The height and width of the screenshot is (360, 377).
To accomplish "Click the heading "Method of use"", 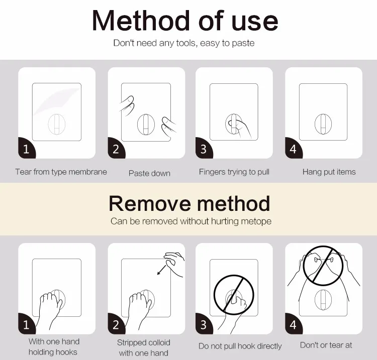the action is point(185,21).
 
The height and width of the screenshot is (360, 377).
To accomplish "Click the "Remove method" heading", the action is point(190,203).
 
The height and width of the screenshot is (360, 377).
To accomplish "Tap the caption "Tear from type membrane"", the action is point(61,172).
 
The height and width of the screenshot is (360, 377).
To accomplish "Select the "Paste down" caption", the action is point(149,173).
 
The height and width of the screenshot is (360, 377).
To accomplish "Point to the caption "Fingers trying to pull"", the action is point(234,172).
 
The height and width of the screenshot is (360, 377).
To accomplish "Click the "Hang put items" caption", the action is point(329,172).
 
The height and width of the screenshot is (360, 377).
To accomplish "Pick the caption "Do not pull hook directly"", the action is point(240,346).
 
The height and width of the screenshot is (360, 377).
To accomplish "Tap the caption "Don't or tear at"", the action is point(326,345).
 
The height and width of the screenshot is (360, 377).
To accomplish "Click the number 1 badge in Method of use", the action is point(27,149).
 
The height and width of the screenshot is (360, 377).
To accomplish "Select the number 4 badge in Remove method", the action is point(293,324).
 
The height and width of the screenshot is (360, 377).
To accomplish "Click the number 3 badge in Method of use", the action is point(204,149).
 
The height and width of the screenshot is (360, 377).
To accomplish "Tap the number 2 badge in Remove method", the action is point(116,324).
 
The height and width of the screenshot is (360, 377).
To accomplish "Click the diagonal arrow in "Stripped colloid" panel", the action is point(161,270).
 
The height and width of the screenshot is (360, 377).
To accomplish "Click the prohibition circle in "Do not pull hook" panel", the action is point(214,295).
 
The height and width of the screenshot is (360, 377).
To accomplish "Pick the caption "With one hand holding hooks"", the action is point(54,347).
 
